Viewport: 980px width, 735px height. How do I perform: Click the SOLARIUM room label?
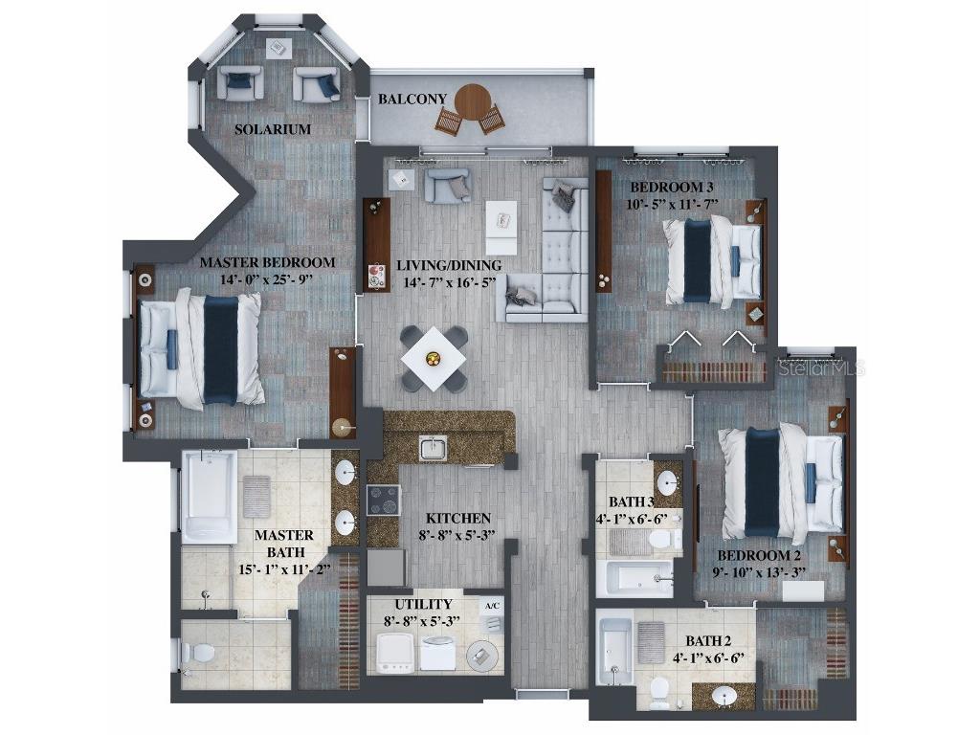coord(274,129)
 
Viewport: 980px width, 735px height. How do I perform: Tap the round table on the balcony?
coord(472,101)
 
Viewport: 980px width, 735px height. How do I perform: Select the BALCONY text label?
coord(412,99)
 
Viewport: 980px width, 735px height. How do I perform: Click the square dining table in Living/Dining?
coord(434,359)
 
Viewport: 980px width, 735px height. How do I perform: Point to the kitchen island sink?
coord(433,448)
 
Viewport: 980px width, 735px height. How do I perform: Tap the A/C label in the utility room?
coord(492,606)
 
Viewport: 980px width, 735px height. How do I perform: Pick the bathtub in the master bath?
coord(209,497)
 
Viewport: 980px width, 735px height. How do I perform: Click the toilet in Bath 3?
coord(660,540)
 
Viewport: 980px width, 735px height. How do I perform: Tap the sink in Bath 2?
coord(725,696)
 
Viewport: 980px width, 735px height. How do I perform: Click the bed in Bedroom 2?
coord(780,481)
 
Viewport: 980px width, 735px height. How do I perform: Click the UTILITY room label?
coord(423,604)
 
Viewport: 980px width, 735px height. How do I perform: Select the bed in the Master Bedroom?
coord(201,348)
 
